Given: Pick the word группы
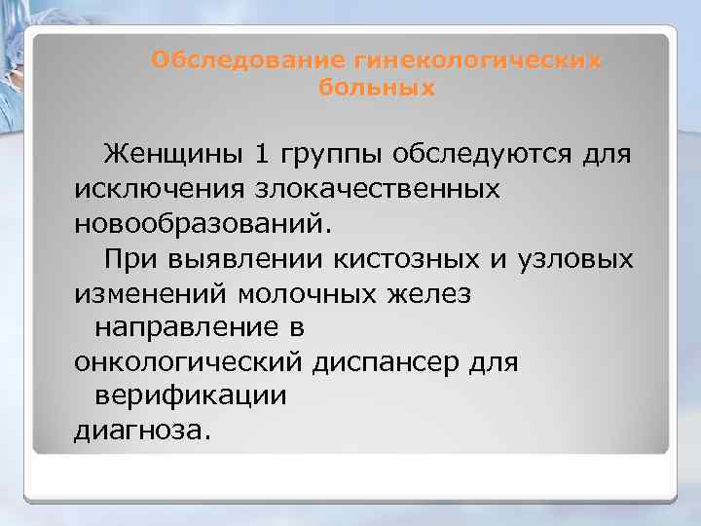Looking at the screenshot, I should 319,155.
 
